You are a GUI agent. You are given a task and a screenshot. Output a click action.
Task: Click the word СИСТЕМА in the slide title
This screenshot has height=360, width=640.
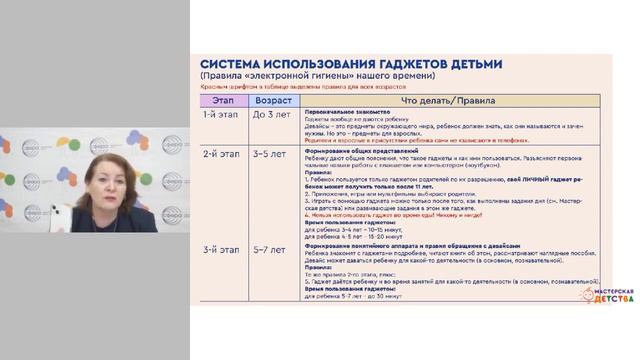232,64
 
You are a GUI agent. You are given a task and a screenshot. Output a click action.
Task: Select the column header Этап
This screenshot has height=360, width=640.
221,100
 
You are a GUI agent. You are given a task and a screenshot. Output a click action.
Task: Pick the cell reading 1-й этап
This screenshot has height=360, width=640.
220,114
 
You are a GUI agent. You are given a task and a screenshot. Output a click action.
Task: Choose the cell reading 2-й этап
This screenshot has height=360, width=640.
220,155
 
